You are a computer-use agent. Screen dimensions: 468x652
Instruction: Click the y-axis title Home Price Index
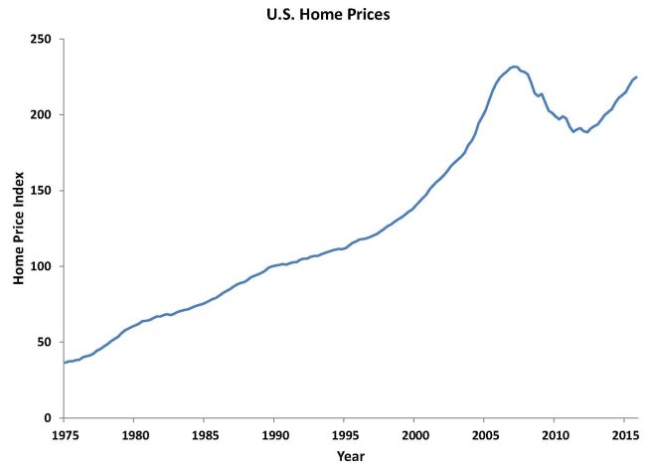point(18,229)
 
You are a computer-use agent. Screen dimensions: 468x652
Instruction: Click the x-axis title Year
point(350,456)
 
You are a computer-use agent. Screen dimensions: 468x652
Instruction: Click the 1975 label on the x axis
point(65,434)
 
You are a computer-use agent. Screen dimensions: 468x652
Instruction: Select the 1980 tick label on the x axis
point(134,434)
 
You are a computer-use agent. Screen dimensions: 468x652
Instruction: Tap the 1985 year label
point(205,434)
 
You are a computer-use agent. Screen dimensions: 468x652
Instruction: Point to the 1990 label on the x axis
point(274,434)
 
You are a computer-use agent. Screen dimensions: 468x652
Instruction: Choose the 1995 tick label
point(345,434)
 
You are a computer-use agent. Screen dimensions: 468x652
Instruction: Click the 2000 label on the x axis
point(414,434)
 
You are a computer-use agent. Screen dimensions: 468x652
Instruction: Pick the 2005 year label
point(485,434)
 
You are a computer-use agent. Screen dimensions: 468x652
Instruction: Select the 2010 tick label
point(555,434)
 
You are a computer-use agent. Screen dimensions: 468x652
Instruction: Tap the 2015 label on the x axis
point(624,434)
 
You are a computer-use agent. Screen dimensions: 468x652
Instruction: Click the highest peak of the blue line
point(514,67)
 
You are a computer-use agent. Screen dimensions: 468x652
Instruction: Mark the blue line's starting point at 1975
point(65,363)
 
